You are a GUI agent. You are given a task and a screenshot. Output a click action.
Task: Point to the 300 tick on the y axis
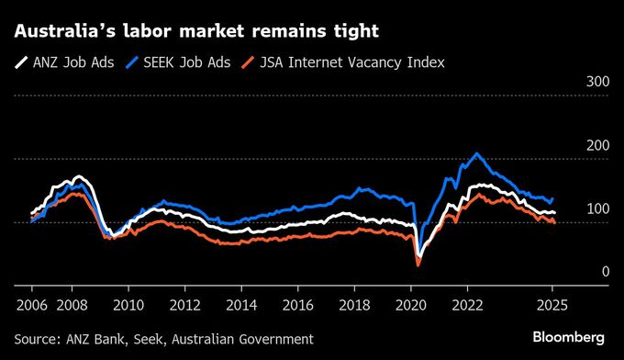597,82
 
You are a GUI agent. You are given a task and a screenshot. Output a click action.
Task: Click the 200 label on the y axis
597,145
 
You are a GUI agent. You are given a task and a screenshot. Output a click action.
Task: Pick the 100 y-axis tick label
597,208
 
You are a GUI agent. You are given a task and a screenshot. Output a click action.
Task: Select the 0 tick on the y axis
605,272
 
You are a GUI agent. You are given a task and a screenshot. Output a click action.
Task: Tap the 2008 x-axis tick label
72,304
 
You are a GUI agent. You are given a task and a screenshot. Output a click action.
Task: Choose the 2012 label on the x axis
185,304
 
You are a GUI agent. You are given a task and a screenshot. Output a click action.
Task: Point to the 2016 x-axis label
298,304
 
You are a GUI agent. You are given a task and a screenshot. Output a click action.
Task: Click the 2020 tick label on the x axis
411,304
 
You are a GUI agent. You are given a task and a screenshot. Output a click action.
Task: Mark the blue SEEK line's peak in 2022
476,153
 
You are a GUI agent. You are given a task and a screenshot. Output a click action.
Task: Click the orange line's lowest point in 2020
418,265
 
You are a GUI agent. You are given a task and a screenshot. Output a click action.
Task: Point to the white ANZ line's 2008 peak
78,176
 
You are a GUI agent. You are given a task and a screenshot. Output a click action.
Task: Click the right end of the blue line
552,197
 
